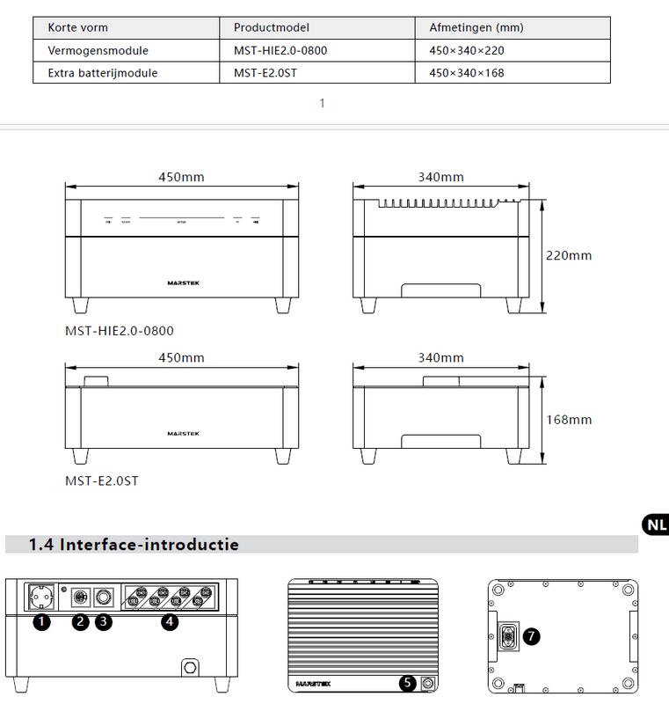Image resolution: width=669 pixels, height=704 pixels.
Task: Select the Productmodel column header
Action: pos(272,28)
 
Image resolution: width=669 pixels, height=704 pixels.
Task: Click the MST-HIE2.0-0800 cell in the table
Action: pos(280,50)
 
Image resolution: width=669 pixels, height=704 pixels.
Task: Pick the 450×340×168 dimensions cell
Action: pos(466,72)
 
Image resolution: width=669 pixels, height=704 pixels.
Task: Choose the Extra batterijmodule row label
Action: pos(102,72)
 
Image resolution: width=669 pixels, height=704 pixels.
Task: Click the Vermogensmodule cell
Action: pos(98,50)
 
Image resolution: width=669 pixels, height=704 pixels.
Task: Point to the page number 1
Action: pos(323,104)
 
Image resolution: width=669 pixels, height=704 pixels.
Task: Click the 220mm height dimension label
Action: pos(569,256)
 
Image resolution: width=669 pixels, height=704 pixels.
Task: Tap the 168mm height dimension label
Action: pos(569,420)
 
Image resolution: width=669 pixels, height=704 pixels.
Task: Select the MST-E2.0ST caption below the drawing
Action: pos(101,480)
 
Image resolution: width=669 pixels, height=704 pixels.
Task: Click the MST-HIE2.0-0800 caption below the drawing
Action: pos(120,331)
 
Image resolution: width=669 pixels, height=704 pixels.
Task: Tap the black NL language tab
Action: pos(655,525)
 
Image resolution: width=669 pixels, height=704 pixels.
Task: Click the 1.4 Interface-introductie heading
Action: pos(134,545)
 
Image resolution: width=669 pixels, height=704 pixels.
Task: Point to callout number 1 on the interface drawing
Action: pos(40,623)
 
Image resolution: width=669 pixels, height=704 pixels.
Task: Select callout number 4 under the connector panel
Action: pos(170,623)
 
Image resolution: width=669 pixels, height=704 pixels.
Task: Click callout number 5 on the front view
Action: pos(408,682)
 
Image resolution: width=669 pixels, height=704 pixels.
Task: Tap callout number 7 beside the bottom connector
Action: pos(531,636)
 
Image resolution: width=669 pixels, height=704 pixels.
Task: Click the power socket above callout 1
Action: pos(41,598)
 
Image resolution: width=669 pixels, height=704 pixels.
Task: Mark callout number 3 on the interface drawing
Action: pos(104,623)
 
